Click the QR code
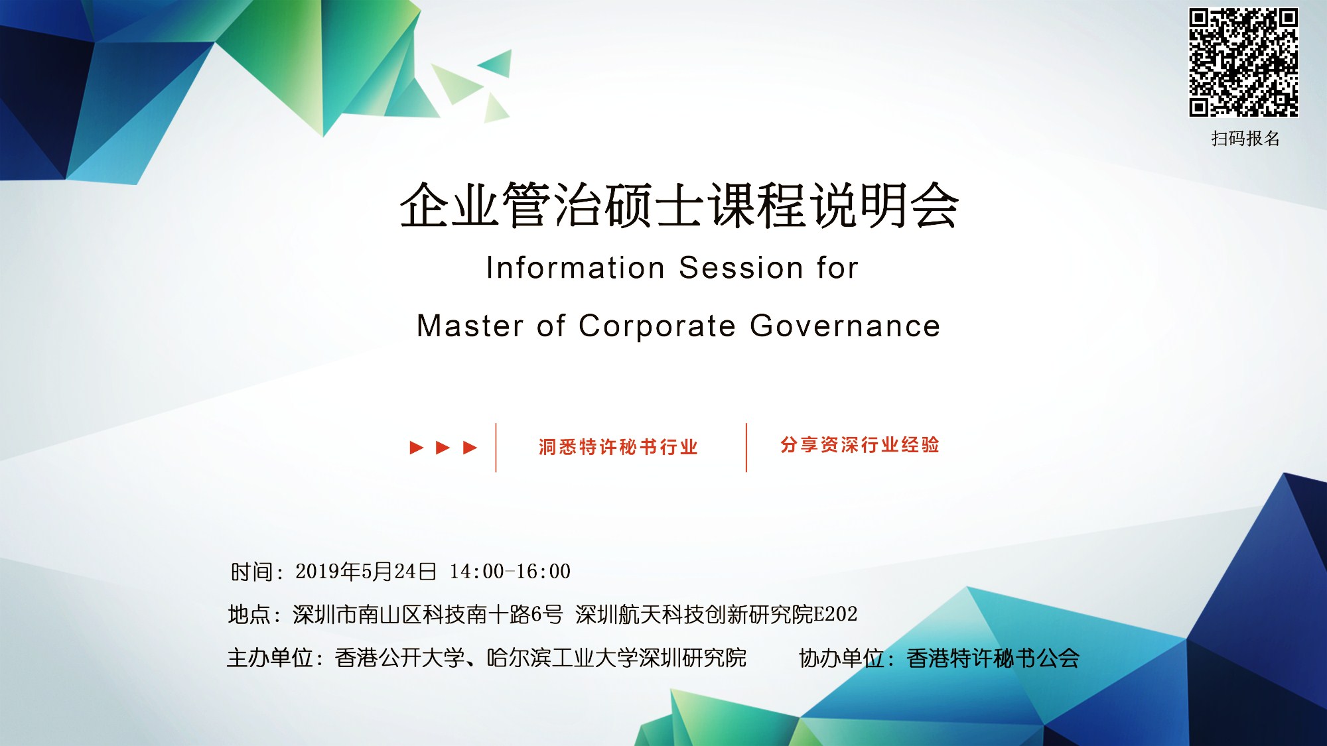click(x=1243, y=62)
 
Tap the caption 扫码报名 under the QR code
click(x=1245, y=139)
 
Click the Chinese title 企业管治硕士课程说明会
click(x=679, y=206)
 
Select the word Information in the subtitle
click(x=575, y=268)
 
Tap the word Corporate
click(x=657, y=327)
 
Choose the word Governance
click(x=845, y=326)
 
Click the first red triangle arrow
click(x=417, y=448)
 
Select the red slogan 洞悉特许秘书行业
click(x=618, y=447)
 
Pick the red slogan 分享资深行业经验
click(x=860, y=445)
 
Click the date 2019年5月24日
click(x=366, y=571)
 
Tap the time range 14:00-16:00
click(x=510, y=571)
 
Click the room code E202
click(x=835, y=614)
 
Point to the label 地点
click(x=249, y=615)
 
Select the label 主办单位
click(x=269, y=658)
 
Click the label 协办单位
click(x=841, y=658)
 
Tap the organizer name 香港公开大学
click(x=399, y=658)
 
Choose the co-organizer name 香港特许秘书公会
click(x=993, y=658)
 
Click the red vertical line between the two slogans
click(x=746, y=448)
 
